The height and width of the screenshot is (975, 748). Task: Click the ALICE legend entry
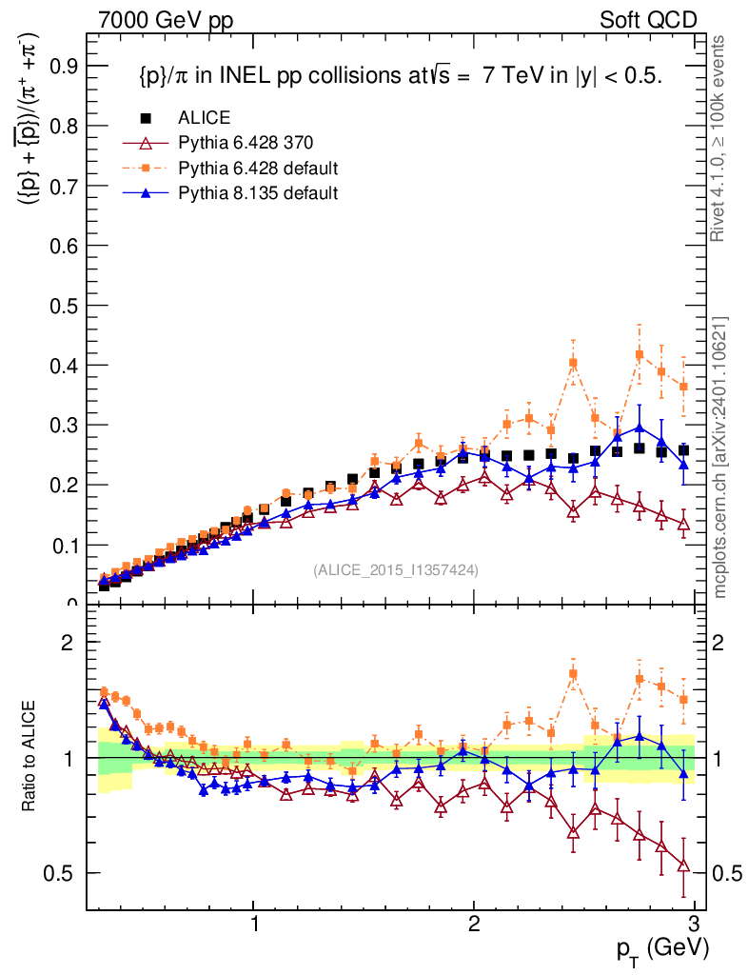pos(205,118)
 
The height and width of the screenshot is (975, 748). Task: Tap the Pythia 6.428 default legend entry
pos(258,169)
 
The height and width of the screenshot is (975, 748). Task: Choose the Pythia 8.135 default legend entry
pos(258,193)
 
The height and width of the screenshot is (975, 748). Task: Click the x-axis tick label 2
pos(474,925)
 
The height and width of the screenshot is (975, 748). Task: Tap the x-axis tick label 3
pos(694,925)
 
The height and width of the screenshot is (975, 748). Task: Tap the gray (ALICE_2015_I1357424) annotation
pos(395,569)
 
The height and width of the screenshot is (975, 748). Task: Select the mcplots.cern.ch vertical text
pos(721,456)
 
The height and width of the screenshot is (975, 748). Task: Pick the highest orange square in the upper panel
pos(640,354)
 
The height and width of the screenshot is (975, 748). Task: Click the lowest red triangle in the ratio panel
pos(683,866)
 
